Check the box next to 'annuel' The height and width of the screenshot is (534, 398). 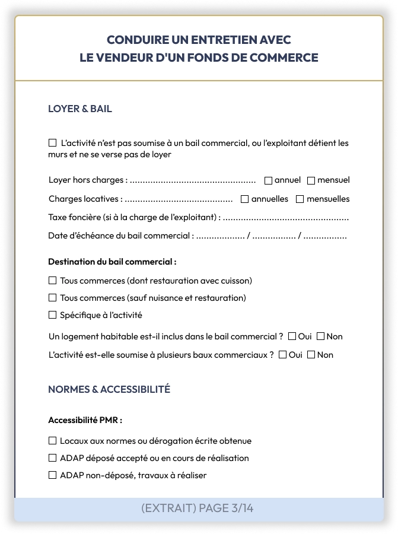pos(268,180)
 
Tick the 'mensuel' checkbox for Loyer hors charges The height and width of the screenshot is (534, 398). pos(311,180)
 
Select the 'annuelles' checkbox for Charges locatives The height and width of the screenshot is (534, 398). pos(244,199)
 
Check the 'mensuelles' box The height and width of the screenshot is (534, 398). pos(300,199)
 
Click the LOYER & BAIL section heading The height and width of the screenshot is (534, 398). pos(80,109)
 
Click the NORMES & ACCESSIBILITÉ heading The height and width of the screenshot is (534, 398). pos(109,389)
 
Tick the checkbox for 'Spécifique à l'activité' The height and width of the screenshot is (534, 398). pos(52,315)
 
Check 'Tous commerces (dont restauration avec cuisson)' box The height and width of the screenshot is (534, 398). pos(52,281)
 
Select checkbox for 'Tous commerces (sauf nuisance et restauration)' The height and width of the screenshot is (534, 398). pos(52,298)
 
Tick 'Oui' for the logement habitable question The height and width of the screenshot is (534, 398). pos(292,336)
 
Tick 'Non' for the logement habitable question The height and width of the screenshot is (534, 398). pos(320,336)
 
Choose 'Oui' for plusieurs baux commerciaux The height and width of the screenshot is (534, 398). pos(282,355)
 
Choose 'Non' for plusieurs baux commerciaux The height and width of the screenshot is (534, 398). pos(311,355)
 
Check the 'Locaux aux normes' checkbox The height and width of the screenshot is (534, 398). pos(52,441)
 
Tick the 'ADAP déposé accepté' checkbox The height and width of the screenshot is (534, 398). pos(52,458)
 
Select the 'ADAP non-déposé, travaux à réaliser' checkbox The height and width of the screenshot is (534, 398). pos(52,475)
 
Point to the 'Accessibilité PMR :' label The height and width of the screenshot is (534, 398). pos(85,420)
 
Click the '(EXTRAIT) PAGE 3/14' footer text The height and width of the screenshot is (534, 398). pos(198,508)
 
